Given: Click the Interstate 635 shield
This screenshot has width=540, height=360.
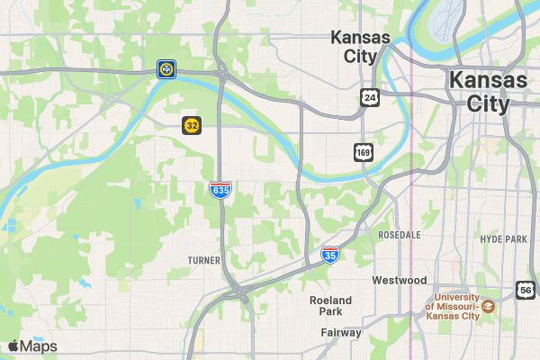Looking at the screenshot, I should pos(220,189).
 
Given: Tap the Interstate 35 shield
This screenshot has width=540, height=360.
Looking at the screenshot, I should pos(330,255).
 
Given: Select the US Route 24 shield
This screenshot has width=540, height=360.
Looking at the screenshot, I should pos(369,97).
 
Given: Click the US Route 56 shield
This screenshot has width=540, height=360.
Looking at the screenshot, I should pos(526,289).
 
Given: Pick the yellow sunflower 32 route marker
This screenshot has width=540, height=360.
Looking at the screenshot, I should pos(192,125).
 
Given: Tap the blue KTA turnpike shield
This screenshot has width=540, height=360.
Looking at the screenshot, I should pos(166,68).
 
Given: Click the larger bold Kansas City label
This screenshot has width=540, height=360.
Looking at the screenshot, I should pos(489,91).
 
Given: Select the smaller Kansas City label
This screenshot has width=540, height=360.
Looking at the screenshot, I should pos(361,47).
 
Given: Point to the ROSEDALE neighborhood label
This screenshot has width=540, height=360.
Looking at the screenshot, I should pos(400,234).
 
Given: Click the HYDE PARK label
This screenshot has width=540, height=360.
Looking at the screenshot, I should pos(503,238).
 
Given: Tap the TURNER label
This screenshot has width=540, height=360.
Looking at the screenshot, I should pos(203,260).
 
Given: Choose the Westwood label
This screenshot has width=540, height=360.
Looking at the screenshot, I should pos(400,280).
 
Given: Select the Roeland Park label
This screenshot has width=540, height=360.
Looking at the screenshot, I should pos(330,305).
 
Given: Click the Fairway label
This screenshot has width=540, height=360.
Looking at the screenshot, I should pos(341,332).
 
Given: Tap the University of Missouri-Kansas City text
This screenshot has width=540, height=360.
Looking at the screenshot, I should pos(455,306).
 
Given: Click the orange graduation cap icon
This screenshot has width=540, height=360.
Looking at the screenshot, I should pos(487,306).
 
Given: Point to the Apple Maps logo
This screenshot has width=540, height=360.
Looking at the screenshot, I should pos(31,346).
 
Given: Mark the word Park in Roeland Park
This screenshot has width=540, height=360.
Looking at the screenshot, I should pos(330,311).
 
